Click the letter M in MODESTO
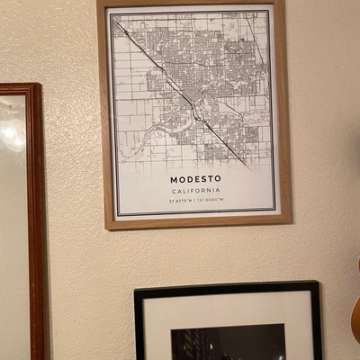point(173,179)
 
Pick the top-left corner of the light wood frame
point(99,3)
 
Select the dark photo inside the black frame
point(229,344)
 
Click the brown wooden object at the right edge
point(355,310)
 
